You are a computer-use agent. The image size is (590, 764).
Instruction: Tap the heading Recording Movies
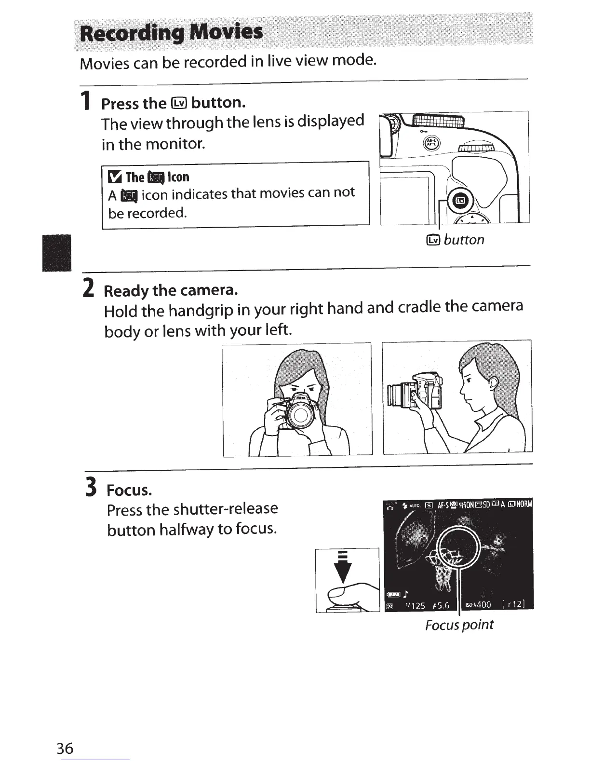coord(171,32)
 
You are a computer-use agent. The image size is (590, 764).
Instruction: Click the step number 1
coord(85,100)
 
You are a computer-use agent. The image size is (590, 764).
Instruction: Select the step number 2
coord(89,287)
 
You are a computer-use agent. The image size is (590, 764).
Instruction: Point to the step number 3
coord(91,487)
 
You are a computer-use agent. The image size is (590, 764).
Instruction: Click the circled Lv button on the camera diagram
coord(460,201)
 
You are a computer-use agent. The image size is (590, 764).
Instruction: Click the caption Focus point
coord(459,625)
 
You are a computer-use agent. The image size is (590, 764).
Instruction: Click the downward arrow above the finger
coord(343,567)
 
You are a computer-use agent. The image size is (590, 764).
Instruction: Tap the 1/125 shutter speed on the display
coord(415,605)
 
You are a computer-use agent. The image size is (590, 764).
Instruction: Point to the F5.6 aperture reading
coord(441,605)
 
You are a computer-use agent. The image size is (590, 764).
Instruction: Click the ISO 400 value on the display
coord(478,604)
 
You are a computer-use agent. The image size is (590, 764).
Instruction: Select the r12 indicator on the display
coord(513,604)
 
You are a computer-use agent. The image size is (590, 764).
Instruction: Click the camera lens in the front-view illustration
coord(300,415)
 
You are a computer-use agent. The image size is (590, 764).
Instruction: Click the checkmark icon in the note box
coord(115,177)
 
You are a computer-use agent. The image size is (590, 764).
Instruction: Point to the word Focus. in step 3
coord(129,490)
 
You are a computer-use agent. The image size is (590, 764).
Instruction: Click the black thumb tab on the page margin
coord(56,253)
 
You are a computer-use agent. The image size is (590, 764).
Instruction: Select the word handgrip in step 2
coord(201,311)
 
